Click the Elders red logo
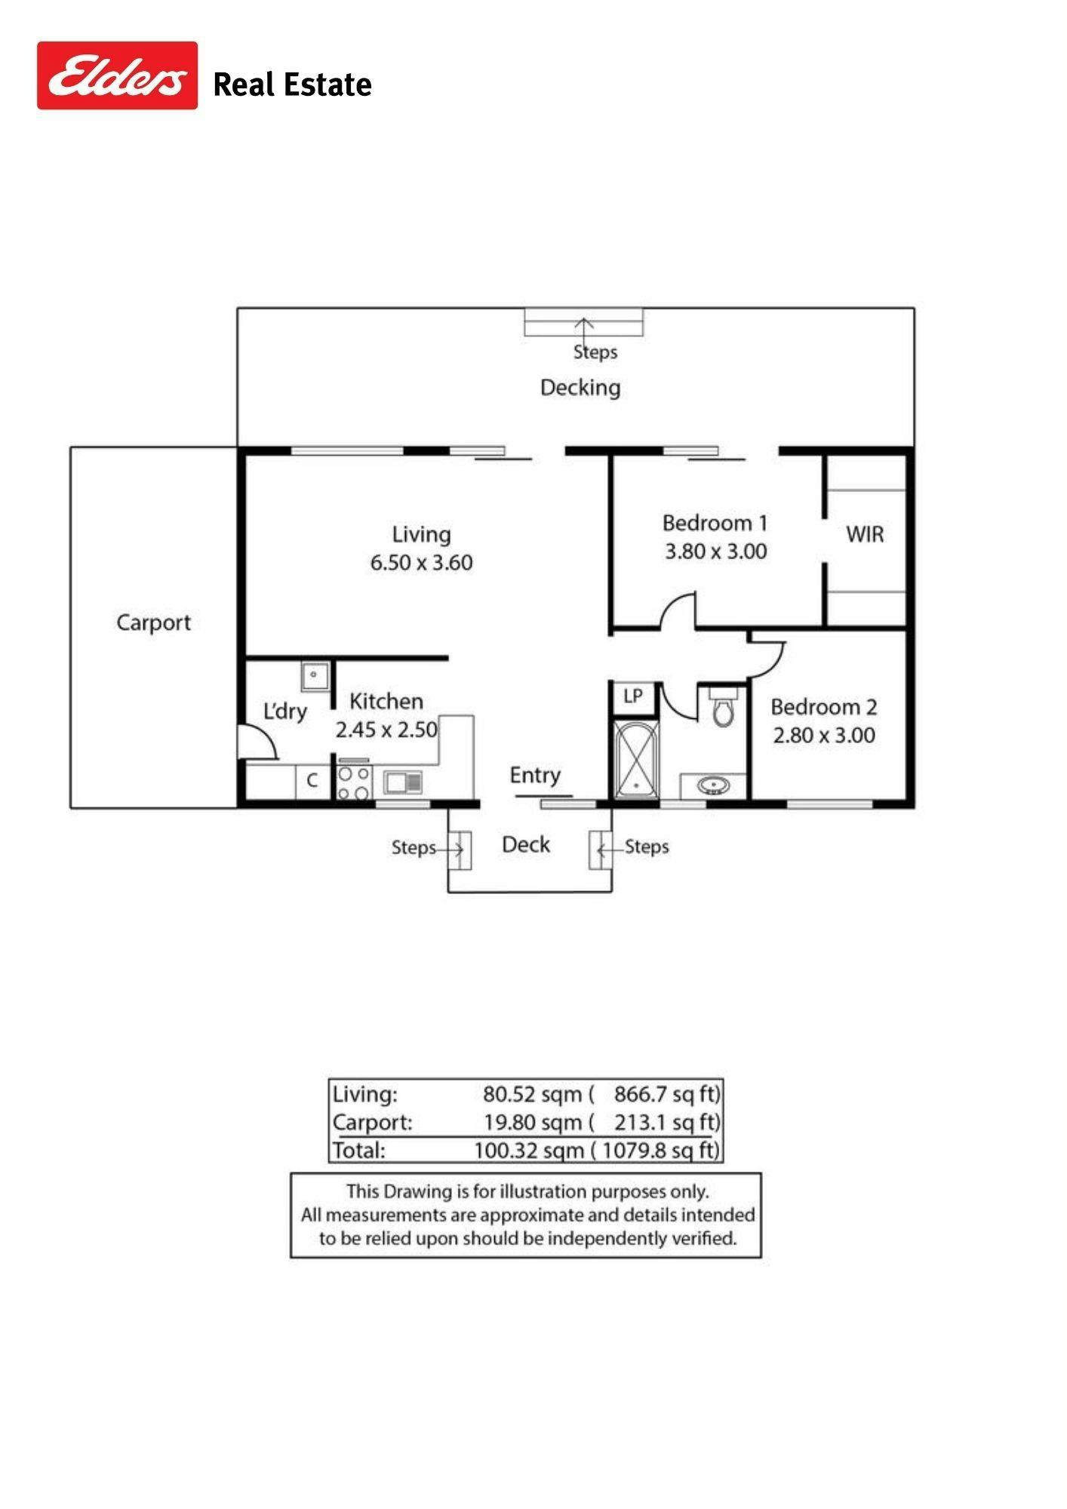[117, 75]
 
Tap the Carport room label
[153, 623]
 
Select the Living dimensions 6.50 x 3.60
[421, 563]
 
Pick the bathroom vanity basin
[713, 786]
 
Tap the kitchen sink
[404, 782]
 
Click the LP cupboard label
[633, 696]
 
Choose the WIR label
[865, 534]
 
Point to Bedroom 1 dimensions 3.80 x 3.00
[715, 552]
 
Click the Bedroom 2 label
[823, 707]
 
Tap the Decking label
[580, 388]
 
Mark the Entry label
[535, 776]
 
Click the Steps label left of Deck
[414, 848]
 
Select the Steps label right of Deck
[647, 847]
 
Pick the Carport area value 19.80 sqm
[533, 1123]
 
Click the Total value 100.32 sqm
[528, 1151]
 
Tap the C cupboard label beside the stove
[312, 780]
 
